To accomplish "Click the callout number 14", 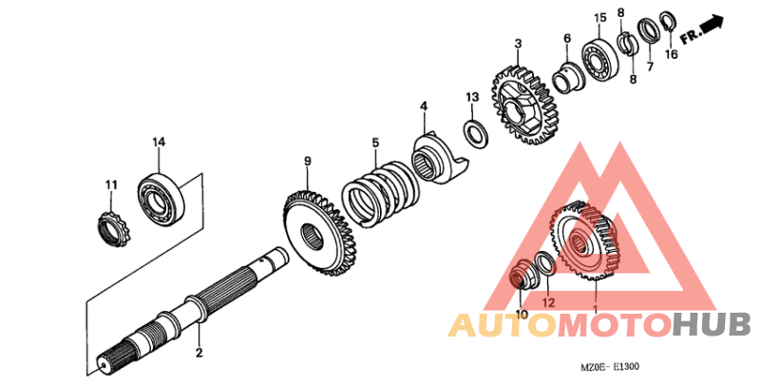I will [159, 143].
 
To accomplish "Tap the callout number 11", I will [110, 184].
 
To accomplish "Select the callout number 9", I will [307, 161].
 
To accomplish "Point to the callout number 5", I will [375, 143].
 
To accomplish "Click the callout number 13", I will [472, 98].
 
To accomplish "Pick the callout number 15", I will [599, 19].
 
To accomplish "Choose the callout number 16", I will [671, 55].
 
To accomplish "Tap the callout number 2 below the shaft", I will [199, 354].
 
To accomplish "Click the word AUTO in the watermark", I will [503, 326].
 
